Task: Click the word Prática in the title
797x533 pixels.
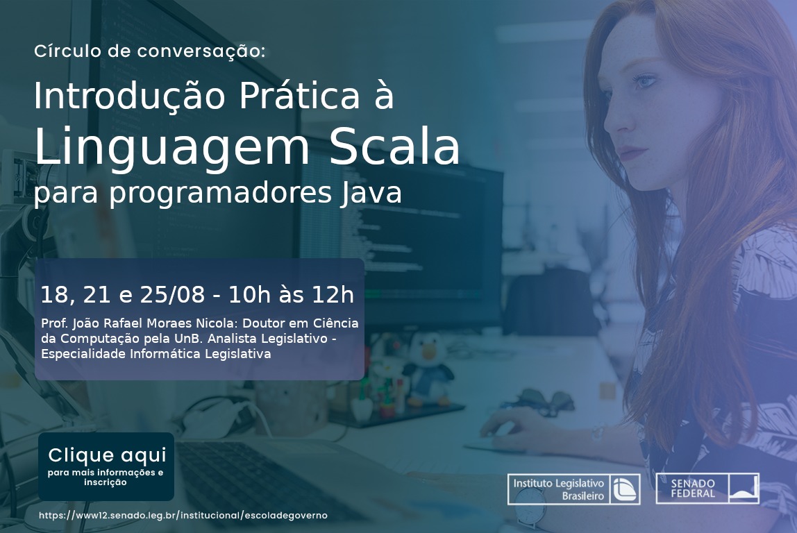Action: click(299, 95)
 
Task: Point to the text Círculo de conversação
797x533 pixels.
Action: click(149, 51)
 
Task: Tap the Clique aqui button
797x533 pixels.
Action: click(106, 466)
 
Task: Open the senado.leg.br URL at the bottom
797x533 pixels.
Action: click(183, 515)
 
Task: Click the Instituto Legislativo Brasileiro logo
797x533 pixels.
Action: click(574, 489)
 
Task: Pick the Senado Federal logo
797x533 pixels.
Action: click(707, 489)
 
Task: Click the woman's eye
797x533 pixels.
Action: click(643, 81)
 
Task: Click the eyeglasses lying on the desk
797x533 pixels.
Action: click(543, 402)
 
